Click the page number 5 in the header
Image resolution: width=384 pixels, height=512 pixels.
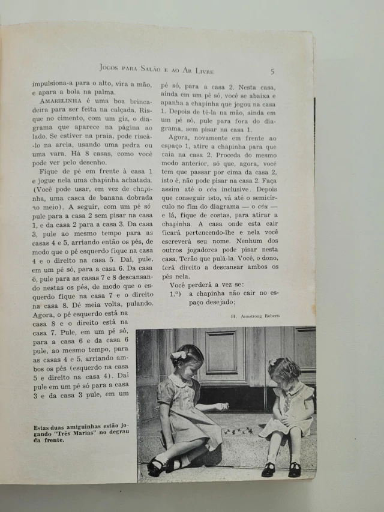[272, 71]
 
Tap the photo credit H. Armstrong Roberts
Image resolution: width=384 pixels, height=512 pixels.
[255, 314]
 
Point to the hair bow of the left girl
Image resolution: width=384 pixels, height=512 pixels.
[179, 355]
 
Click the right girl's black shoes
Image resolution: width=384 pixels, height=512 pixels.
[281, 468]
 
